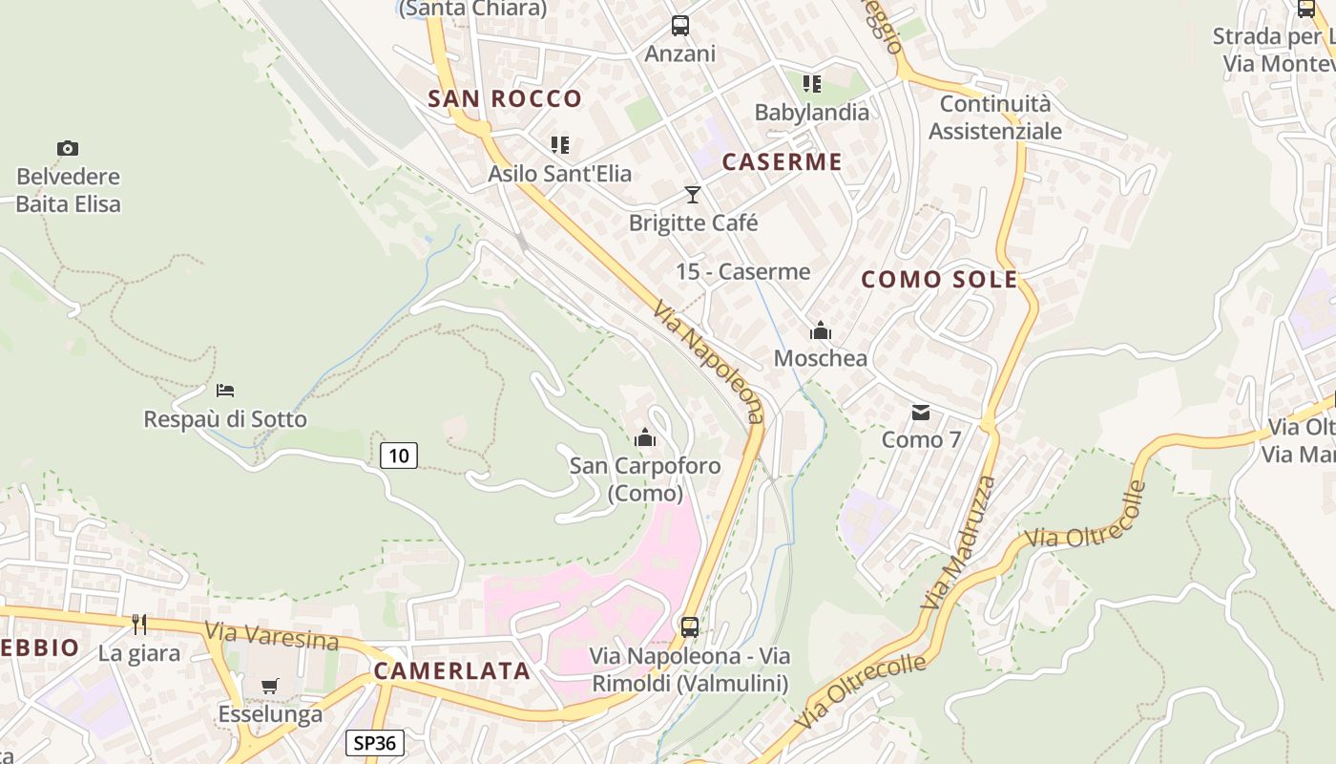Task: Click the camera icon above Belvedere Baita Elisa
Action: click(x=67, y=148)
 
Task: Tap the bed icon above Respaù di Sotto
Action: click(x=225, y=390)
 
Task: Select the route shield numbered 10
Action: click(x=399, y=456)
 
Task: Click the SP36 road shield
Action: click(x=374, y=743)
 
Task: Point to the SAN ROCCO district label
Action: click(x=504, y=98)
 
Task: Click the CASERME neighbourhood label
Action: click(x=783, y=161)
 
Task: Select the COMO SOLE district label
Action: click(x=939, y=279)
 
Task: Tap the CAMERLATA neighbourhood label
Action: click(x=451, y=670)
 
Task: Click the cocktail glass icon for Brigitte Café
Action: click(x=693, y=195)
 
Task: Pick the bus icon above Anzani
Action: click(x=679, y=26)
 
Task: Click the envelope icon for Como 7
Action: click(x=921, y=413)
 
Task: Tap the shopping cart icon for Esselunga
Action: click(x=270, y=686)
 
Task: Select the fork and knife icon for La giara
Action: click(x=139, y=625)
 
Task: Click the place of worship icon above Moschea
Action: click(x=820, y=331)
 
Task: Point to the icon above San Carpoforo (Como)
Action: click(x=645, y=438)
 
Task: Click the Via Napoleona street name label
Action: click(x=709, y=361)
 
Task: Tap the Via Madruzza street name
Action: click(x=959, y=542)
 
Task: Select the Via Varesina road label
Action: click(x=271, y=635)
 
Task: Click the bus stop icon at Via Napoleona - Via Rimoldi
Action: click(x=689, y=627)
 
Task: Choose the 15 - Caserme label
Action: click(x=742, y=272)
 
